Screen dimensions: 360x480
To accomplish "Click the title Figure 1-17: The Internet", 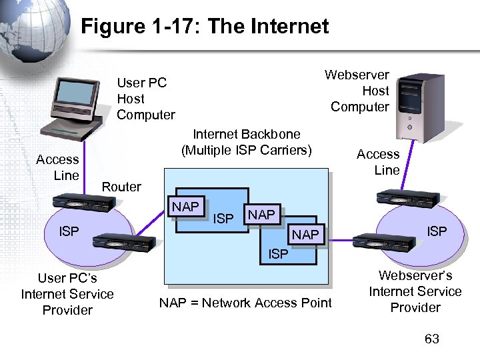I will coord(205,27).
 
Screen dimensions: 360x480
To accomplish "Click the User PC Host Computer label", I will coord(145,99).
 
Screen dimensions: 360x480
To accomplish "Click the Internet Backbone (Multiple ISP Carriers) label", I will coord(246,142).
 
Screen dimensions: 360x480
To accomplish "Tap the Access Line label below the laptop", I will coord(57,167).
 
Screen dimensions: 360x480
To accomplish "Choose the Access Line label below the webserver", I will coord(378,162).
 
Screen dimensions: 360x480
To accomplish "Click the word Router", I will coord(121,187).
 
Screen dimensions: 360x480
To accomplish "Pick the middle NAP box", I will coord(261,215).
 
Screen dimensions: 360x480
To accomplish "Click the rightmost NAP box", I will coord(305,235).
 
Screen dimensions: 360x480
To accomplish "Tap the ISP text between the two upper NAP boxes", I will coord(223,218).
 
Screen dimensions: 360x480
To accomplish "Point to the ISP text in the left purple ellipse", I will coord(69,231).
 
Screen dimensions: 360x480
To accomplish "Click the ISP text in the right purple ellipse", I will coord(437,231).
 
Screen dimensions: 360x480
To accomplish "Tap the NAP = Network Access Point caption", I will coord(245,303).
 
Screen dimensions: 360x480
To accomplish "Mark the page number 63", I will coord(432,339).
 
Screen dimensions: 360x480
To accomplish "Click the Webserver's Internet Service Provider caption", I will coord(415,291).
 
